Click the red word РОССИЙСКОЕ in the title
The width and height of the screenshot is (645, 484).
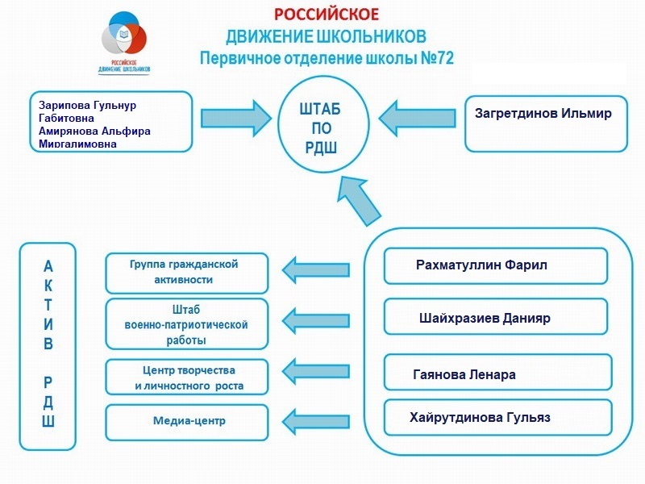click(326, 15)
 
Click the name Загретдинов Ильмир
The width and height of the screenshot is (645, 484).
click(544, 114)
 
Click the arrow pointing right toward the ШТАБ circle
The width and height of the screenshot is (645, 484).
click(238, 118)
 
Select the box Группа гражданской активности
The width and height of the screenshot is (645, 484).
click(186, 273)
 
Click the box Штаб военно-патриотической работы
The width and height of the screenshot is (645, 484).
click(186, 323)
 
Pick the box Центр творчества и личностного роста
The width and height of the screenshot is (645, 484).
click(186, 378)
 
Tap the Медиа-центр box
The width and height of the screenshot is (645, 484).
click(186, 421)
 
